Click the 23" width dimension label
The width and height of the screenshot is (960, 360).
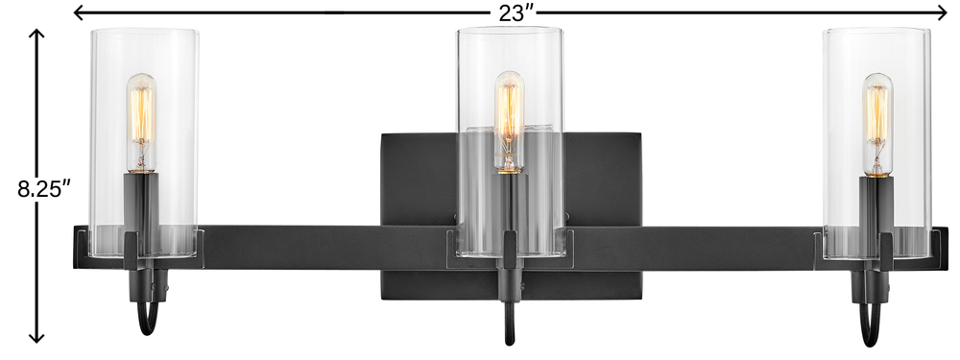pyautogui.click(x=517, y=12)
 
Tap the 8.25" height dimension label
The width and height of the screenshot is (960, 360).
pyautogui.click(x=40, y=188)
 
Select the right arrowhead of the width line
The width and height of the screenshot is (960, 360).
pyautogui.click(x=942, y=12)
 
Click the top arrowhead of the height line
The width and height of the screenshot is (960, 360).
pyautogui.click(x=37, y=35)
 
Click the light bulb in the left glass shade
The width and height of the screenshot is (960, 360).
pyautogui.click(x=141, y=123)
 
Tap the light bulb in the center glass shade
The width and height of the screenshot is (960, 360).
pyautogui.click(x=510, y=123)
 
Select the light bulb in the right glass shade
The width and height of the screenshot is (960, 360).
pyautogui.click(x=877, y=125)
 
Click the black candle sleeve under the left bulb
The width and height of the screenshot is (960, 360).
pyautogui.click(x=141, y=202)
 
